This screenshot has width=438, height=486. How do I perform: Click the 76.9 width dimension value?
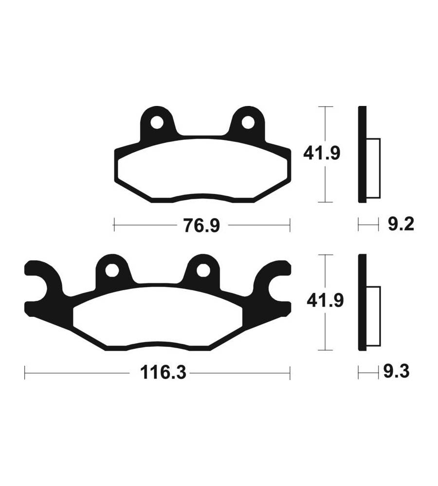coord(201,226)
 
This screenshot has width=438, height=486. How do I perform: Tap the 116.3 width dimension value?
coord(163,372)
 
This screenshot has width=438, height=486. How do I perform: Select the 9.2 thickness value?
coord(401,224)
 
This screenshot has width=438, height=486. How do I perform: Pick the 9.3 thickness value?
coord(397,371)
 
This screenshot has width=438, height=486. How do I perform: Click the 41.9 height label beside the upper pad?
coord(322,153)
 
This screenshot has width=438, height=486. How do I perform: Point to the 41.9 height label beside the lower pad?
coord(325,300)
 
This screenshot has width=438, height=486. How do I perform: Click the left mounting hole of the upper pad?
coord(157,122)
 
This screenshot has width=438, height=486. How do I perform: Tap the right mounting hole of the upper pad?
coord(248,122)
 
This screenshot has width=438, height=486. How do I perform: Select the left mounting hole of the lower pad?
coord(112,270)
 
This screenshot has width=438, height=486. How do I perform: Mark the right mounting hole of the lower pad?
coord(203,270)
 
